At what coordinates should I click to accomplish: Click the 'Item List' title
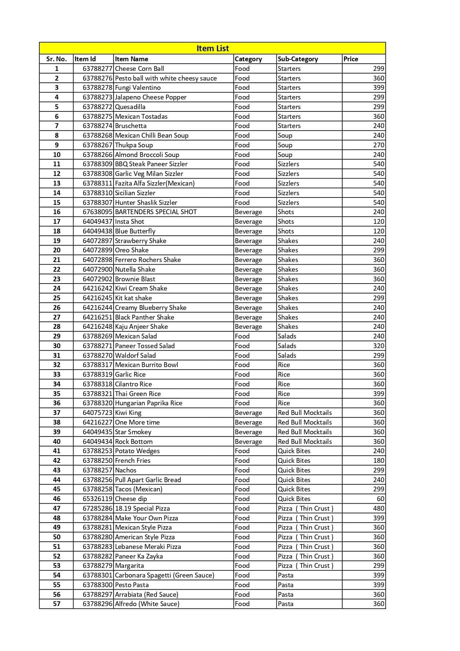click(x=213, y=48)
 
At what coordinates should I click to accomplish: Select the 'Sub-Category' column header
click(x=298, y=59)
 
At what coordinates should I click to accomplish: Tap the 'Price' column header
click(x=351, y=59)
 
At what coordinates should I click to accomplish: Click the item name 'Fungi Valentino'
click(x=138, y=88)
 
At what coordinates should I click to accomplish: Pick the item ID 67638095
click(x=97, y=212)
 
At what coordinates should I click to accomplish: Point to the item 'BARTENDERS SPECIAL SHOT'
click(x=156, y=212)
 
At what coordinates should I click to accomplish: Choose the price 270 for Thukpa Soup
click(x=378, y=145)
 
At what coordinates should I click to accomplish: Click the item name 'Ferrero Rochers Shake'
click(x=148, y=260)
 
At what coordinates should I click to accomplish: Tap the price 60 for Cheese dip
click(x=380, y=499)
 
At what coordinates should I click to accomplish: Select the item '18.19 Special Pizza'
click(x=142, y=508)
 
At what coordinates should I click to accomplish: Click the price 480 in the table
click(x=378, y=508)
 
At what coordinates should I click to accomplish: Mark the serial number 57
click(x=56, y=604)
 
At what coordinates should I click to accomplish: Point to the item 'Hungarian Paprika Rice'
click(x=148, y=403)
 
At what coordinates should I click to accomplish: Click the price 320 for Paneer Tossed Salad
click(x=378, y=346)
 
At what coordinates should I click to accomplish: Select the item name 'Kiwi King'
click(x=128, y=413)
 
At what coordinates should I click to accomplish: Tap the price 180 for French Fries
click(x=378, y=461)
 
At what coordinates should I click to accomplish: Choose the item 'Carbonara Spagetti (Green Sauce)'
click(x=164, y=575)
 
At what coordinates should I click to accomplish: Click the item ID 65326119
click(x=97, y=499)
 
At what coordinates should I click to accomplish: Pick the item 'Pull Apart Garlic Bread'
click(x=148, y=480)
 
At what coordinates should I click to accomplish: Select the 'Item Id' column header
click(x=85, y=59)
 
